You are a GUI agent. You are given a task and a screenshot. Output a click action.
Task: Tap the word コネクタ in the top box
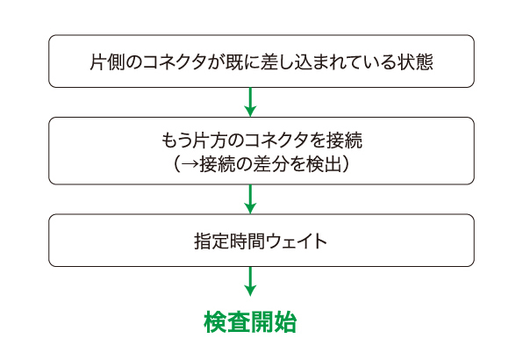tap(176, 62)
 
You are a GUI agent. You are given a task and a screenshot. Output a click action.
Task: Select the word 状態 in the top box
tap(415, 61)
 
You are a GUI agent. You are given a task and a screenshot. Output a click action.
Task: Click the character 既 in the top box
tap(234, 61)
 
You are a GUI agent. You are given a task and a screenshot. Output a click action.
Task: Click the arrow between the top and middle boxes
tap(250, 102)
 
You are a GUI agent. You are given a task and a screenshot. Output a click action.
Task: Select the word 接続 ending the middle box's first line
tap(345, 140)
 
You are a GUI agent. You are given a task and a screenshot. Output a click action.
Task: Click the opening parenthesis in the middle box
tap(176, 164)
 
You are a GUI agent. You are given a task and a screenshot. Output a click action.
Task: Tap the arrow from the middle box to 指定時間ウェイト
tap(250, 199)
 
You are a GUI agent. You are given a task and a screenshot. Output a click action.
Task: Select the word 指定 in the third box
tap(211, 241)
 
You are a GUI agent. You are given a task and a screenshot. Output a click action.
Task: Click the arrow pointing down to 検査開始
tap(250, 281)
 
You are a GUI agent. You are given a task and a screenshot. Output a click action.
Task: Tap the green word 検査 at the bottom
tap(226, 322)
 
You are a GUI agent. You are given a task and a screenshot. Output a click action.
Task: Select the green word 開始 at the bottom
tap(274, 322)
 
